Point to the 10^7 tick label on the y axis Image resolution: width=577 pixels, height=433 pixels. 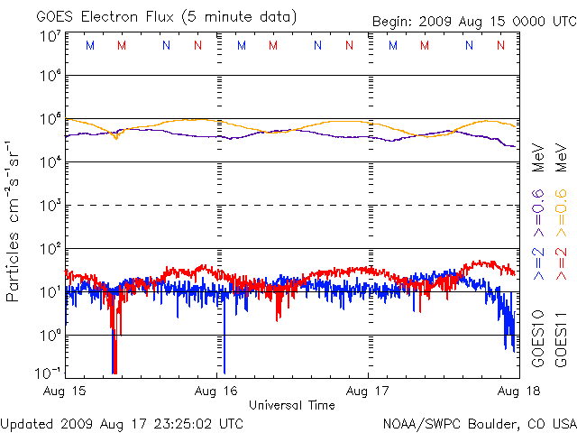click(50, 36)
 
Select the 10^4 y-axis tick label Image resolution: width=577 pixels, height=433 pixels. click(50, 161)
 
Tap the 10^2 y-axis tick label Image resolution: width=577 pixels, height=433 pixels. click(50, 247)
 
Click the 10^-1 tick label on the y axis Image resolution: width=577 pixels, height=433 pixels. click(50, 372)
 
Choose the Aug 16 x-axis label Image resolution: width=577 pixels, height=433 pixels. click(216, 392)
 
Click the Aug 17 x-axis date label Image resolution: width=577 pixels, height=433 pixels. click(368, 392)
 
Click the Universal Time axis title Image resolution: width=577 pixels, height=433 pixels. click(292, 405)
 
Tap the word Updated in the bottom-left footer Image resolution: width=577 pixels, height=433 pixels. click(26, 423)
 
